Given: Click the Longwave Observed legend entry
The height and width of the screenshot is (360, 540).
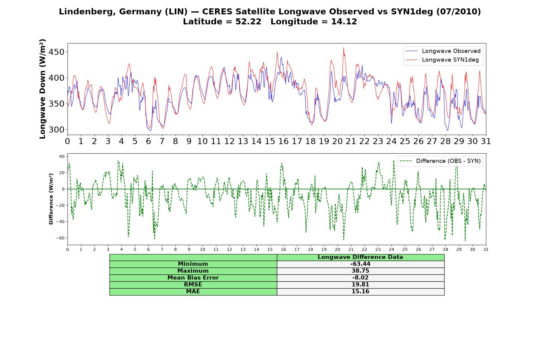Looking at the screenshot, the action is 443,51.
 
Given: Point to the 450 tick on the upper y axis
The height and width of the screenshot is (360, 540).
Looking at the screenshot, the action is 57,52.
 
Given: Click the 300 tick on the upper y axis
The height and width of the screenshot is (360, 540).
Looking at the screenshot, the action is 57,130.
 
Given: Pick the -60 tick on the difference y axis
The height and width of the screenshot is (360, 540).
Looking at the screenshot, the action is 60,238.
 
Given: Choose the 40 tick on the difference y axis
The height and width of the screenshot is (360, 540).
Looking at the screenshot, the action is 62,156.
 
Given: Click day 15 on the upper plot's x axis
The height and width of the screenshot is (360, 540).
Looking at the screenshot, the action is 270,141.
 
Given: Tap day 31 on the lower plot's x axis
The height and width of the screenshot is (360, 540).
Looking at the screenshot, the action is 486,249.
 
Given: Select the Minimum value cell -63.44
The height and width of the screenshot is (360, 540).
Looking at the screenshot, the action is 360,264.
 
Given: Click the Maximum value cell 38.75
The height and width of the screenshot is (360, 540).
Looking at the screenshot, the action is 360,271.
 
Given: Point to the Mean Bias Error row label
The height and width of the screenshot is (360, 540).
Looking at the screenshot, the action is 193,278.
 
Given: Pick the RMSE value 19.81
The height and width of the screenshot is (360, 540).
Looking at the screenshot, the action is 360,285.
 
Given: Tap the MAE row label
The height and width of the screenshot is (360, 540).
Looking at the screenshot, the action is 193,292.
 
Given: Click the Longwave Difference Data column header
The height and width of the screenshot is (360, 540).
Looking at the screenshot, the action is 360,257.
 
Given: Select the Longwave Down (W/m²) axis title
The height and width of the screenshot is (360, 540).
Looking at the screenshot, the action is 43,89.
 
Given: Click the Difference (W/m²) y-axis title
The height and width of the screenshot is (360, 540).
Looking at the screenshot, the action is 51,199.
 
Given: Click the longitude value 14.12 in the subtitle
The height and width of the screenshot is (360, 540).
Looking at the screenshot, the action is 344,22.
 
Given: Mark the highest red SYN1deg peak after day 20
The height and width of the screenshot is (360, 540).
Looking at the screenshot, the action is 344,47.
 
